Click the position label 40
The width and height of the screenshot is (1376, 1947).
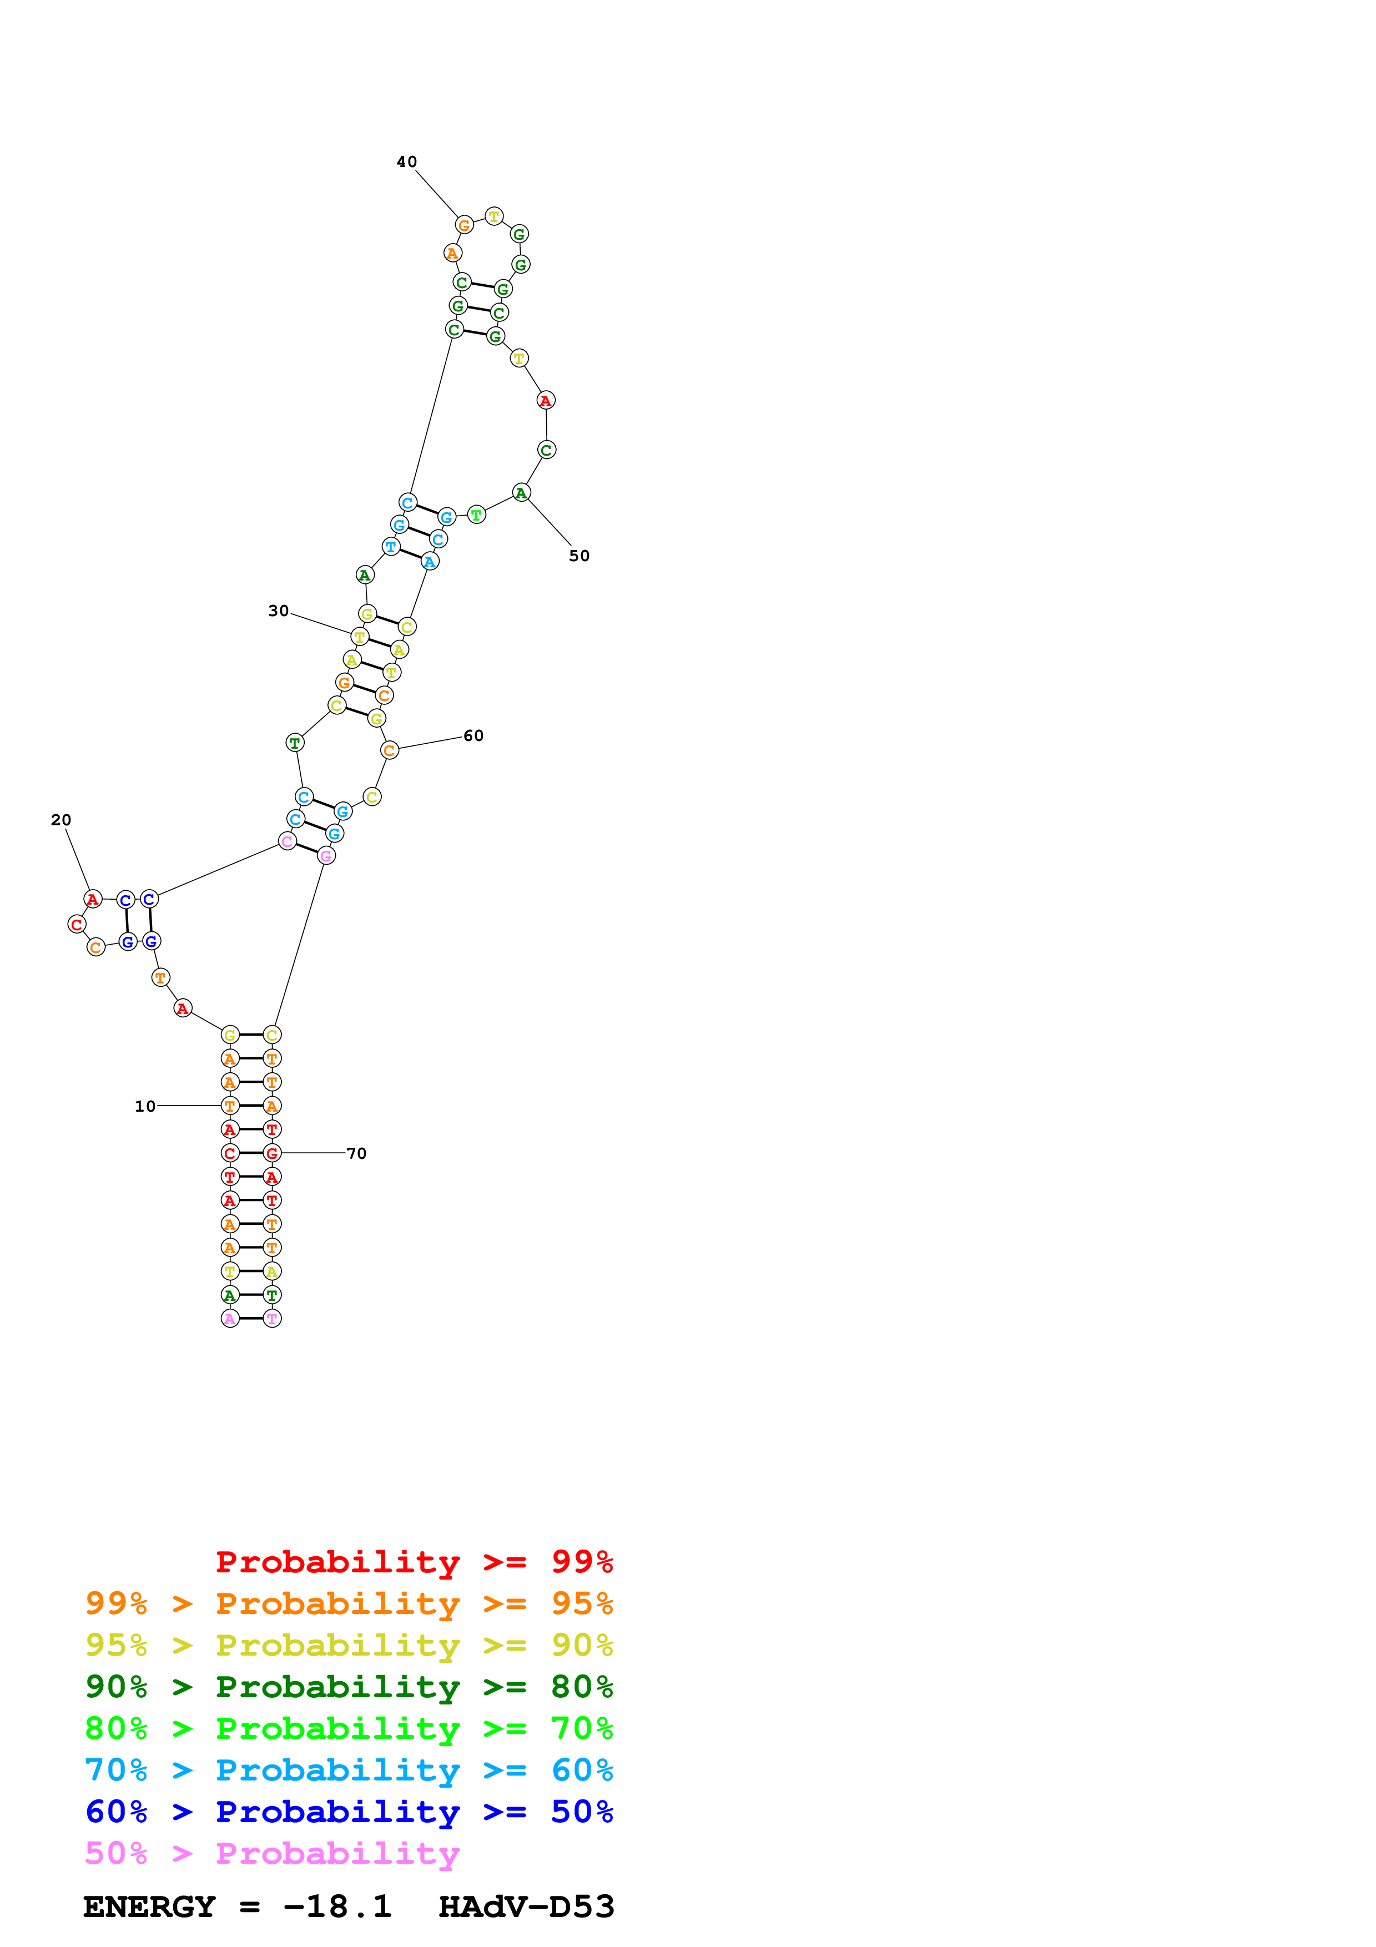pyautogui.click(x=407, y=162)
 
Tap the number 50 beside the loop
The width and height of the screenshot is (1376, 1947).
pyautogui.click(x=579, y=556)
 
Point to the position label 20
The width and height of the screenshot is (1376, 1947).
pyautogui.click(x=61, y=820)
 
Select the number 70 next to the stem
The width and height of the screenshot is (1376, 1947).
pyautogui.click(x=356, y=1153)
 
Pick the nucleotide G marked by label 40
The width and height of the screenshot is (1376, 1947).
pyautogui.click(x=463, y=225)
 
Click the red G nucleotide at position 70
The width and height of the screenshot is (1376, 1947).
pyautogui.click(x=272, y=1153)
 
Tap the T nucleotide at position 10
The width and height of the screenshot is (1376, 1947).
pyautogui.click(x=230, y=1106)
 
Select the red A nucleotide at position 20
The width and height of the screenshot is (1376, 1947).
pyautogui.click(x=93, y=899)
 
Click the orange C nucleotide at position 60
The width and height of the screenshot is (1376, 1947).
pyautogui.click(x=389, y=750)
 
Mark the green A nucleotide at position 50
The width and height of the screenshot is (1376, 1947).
pyautogui.click(x=521, y=493)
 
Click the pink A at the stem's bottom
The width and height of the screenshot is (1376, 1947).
pyautogui.click(x=230, y=1319)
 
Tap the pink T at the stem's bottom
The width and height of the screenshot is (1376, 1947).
pyautogui.click(x=272, y=1319)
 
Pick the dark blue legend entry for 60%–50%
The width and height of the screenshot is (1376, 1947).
pyautogui.click(x=349, y=1812)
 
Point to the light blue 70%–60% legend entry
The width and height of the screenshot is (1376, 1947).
pyautogui.click(x=349, y=1771)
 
